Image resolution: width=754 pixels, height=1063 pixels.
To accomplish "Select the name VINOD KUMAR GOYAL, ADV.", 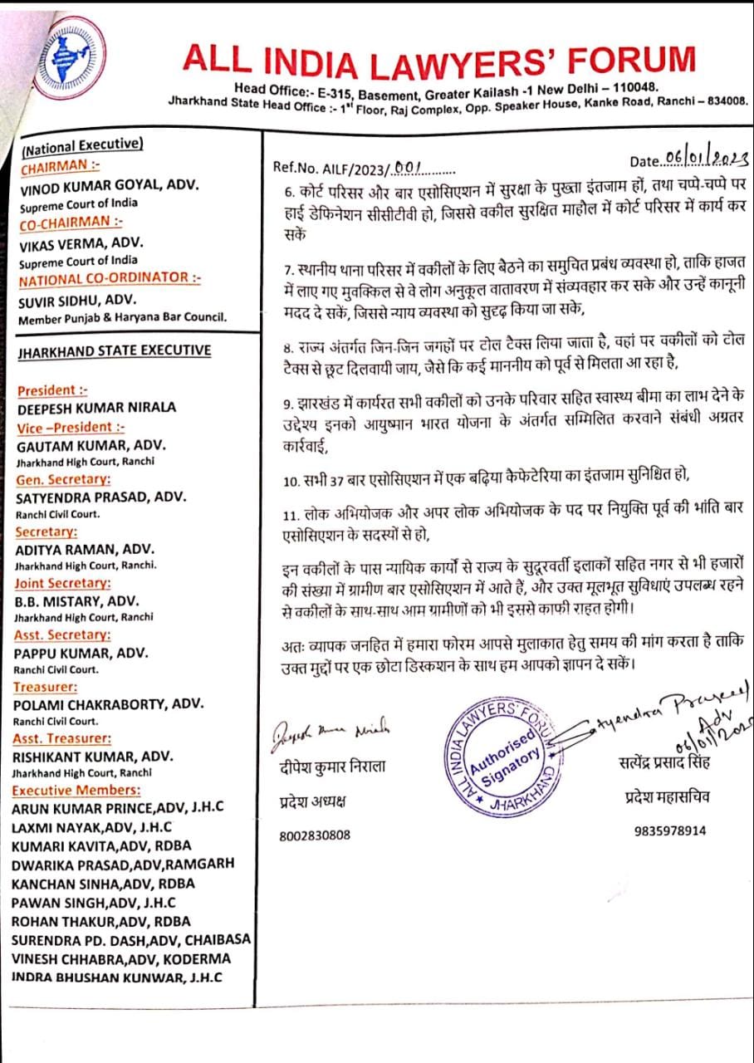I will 109,186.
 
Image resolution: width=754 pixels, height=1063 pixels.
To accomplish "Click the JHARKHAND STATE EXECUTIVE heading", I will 115,350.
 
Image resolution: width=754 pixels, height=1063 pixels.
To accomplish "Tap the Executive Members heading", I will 76,790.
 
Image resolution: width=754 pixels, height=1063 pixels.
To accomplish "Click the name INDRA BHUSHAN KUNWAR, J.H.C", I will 117,977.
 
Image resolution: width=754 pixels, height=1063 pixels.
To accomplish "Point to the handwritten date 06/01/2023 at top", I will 705,160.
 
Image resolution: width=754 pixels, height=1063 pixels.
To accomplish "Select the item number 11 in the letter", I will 289,517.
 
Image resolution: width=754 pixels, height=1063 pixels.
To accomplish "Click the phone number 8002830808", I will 315,835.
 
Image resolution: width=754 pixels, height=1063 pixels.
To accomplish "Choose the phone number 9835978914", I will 670,830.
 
